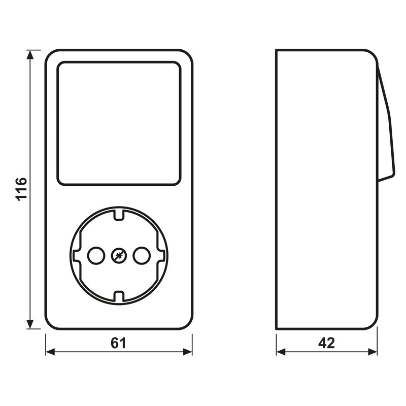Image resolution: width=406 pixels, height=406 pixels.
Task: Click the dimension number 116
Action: click(x=21, y=189)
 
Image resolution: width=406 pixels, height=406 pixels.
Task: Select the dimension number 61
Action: click(x=118, y=344)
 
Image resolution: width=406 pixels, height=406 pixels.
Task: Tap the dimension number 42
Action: click(x=327, y=344)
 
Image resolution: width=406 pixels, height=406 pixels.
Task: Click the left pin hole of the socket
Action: click(x=95, y=256)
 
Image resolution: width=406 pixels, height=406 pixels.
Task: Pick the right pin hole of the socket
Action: click(x=142, y=256)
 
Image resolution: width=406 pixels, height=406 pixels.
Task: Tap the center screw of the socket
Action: click(x=118, y=256)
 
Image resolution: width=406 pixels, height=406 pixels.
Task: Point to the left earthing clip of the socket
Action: click(x=76, y=256)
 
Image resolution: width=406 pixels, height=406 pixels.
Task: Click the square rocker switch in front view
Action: click(x=118, y=123)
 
